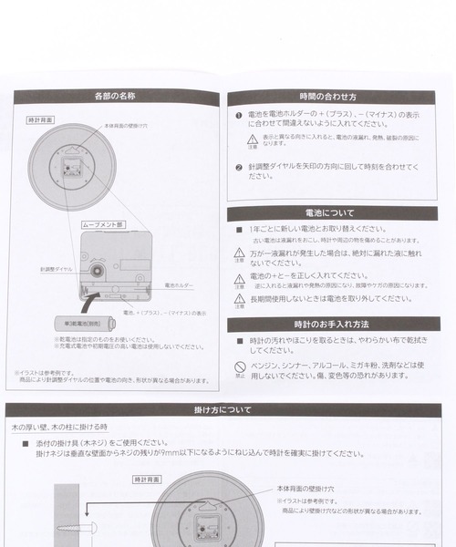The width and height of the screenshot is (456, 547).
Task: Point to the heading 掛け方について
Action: [x=223, y=410]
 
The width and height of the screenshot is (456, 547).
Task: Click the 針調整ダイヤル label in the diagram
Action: [x=56, y=271]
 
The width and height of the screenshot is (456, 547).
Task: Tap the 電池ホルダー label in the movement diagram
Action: [x=177, y=285]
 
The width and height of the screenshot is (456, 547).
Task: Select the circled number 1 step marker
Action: [x=239, y=116]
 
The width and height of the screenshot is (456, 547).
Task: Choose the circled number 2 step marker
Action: [x=239, y=168]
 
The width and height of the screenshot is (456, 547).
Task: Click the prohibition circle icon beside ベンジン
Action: [x=239, y=367]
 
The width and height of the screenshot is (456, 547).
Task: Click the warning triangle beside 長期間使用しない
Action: [x=239, y=299]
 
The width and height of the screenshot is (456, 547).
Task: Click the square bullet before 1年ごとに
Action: [x=239, y=230]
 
